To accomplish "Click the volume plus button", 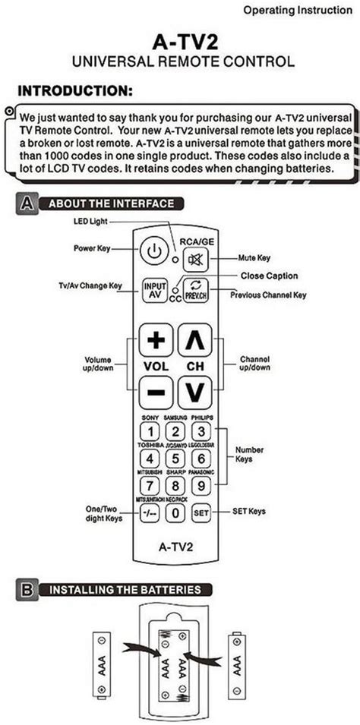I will [x=156, y=340].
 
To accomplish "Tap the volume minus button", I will [x=156, y=393].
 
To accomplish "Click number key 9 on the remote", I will [x=200, y=486].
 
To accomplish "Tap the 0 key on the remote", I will [x=175, y=512].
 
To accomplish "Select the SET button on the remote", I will [x=201, y=512].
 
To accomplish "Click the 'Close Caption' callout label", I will [x=269, y=276].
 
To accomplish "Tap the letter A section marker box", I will [x=27, y=203].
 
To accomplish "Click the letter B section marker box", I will [x=27, y=589].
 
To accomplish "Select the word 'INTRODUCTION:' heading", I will [x=75, y=90].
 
